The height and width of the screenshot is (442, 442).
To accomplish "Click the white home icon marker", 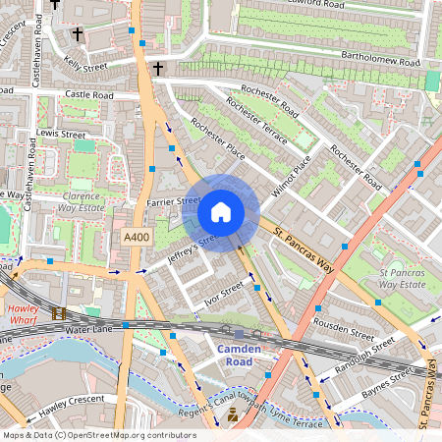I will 221,211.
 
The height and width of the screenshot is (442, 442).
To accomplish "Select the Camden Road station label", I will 239,356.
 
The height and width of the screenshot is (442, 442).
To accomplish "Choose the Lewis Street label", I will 61,133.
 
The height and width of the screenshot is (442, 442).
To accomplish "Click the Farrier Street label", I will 174,200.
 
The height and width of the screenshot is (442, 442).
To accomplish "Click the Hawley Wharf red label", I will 24,313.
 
